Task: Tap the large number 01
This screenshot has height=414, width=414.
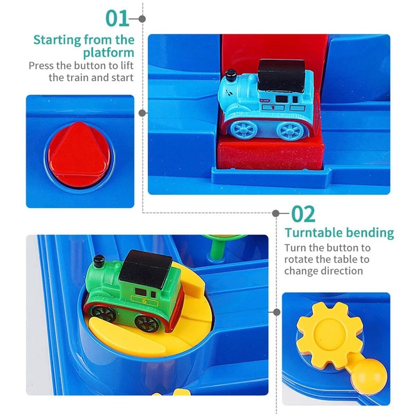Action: coord(118,19)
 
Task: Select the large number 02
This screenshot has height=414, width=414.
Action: coord(303,214)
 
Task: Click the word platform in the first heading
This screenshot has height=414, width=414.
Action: coord(109,53)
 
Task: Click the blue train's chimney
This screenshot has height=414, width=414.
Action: coord(231,75)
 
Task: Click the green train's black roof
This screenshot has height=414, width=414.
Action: coord(145,269)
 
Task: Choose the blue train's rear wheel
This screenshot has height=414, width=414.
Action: coord(290,131)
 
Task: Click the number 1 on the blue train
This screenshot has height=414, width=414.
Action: coord(273,108)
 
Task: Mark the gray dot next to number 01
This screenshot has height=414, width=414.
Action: coord(142,19)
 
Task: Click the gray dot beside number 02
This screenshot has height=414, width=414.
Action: coord(275,214)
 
